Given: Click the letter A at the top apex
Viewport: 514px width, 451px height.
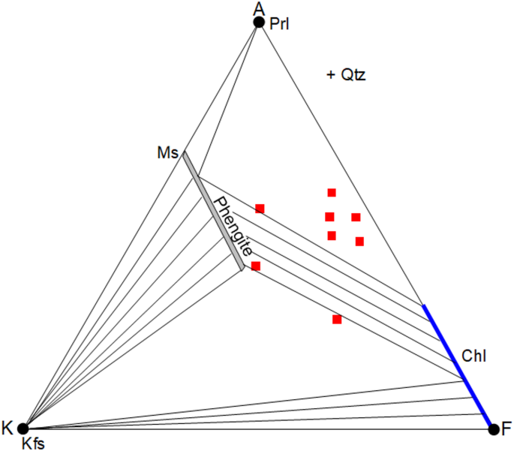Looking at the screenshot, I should pyautogui.click(x=259, y=8).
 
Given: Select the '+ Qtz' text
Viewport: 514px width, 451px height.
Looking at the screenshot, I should pyautogui.click(x=346, y=75).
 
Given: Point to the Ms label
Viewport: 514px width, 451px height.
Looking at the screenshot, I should pyautogui.click(x=167, y=154).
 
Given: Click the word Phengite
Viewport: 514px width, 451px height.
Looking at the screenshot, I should pyautogui.click(x=232, y=224).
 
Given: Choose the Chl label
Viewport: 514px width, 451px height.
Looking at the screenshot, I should pyautogui.click(x=474, y=356).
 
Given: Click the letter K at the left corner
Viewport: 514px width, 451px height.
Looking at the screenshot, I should pyautogui.click(x=8, y=428).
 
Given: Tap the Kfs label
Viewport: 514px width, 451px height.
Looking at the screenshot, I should pyautogui.click(x=34, y=443).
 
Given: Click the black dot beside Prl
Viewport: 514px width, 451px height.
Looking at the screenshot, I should pyautogui.click(x=259, y=23).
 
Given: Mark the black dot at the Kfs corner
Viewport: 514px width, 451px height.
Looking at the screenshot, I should pyautogui.click(x=23, y=428).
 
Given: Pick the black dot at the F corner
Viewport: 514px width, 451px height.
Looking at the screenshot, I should pyautogui.click(x=493, y=429).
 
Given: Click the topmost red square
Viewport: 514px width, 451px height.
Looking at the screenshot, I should pyautogui.click(x=331, y=193).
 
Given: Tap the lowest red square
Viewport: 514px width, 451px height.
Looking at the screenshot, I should pyautogui.click(x=337, y=320).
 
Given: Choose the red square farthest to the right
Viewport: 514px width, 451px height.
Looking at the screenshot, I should pyautogui.click(x=359, y=241).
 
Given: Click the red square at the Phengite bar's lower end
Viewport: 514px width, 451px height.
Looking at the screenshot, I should pyautogui.click(x=256, y=266).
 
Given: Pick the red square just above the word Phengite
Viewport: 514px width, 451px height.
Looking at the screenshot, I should pyautogui.click(x=260, y=208).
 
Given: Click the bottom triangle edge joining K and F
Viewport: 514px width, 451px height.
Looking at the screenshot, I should pyautogui.click(x=255, y=428).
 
